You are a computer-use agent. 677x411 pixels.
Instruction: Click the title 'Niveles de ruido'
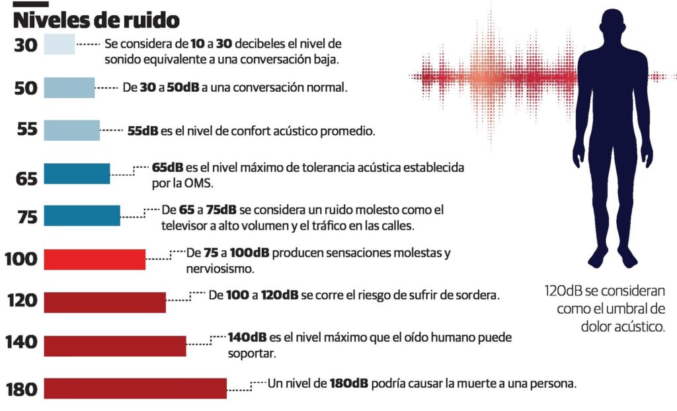click(97, 19)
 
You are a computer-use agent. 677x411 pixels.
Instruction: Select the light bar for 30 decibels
click(59, 45)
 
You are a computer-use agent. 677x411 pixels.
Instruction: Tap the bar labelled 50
click(69, 87)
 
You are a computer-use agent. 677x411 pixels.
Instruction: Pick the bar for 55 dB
click(71, 130)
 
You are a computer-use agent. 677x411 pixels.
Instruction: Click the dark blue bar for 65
click(77, 173)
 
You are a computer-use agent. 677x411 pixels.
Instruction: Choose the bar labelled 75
click(82, 215)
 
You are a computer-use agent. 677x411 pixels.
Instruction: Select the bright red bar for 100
click(95, 259)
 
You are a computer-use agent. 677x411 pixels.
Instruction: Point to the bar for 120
click(104, 302)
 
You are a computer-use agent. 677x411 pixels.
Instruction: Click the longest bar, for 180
click(135, 388)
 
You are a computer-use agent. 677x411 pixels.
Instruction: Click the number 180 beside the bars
click(21, 390)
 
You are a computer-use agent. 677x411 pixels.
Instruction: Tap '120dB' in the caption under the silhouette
click(563, 291)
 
